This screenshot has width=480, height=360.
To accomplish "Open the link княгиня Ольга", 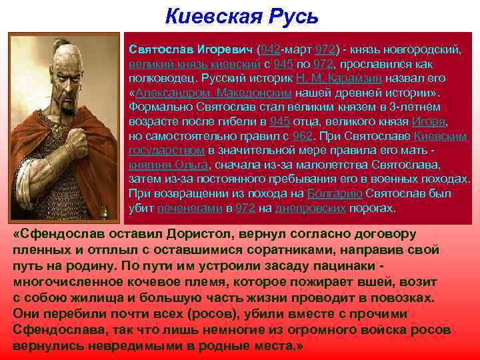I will [x=168, y=165].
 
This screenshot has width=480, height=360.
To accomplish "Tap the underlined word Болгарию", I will [x=335, y=194].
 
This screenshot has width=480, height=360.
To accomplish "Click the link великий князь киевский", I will [x=189, y=65].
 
